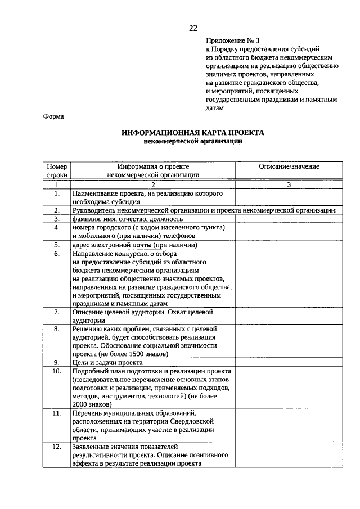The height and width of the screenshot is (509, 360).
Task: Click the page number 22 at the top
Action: (x=193, y=28)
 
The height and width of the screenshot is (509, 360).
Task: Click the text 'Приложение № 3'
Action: (x=232, y=41)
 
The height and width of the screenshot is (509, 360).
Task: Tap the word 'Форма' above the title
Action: (x=53, y=116)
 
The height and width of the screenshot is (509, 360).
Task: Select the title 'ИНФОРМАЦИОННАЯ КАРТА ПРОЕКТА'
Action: (x=193, y=133)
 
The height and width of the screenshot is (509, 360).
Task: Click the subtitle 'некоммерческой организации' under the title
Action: (x=193, y=142)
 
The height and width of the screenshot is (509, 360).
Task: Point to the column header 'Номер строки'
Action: (x=57, y=170)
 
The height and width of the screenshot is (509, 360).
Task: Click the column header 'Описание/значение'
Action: (x=289, y=167)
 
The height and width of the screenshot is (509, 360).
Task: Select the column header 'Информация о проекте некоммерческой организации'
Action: (x=152, y=170)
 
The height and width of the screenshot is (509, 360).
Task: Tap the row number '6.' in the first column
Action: (x=57, y=254)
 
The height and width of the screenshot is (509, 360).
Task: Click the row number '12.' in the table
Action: (x=57, y=447)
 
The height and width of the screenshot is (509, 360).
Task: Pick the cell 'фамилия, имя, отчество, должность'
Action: (x=127, y=219)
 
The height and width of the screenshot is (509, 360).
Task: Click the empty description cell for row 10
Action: (x=289, y=388)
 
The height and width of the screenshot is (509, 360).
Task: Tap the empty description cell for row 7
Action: (x=289, y=316)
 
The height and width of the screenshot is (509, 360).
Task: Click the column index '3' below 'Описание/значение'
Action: (x=289, y=184)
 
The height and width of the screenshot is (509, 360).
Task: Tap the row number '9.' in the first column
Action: (x=57, y=363)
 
